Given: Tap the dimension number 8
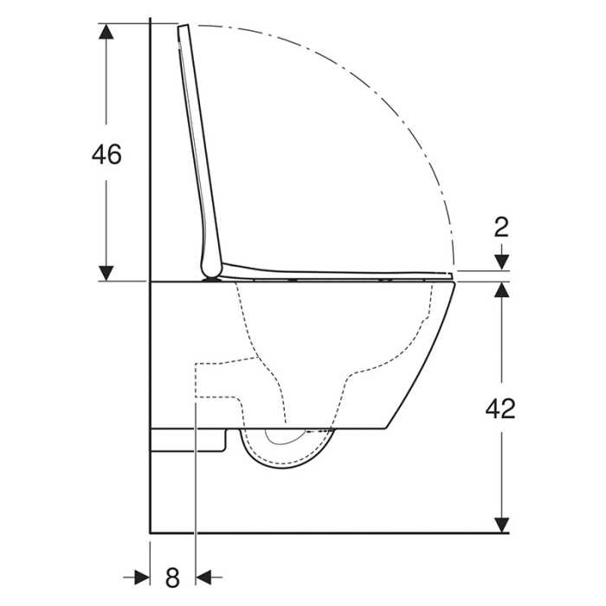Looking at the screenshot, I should pos(172,576).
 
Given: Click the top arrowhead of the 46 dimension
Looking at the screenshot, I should pos(106,31).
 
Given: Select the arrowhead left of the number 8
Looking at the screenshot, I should pos(141,576).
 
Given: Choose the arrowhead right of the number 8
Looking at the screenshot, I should pos(206,576).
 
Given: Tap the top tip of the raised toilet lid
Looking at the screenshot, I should pos(183,29).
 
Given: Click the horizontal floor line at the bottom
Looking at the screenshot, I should pos(329,533).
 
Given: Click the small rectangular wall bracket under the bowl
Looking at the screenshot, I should pos(187,440).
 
